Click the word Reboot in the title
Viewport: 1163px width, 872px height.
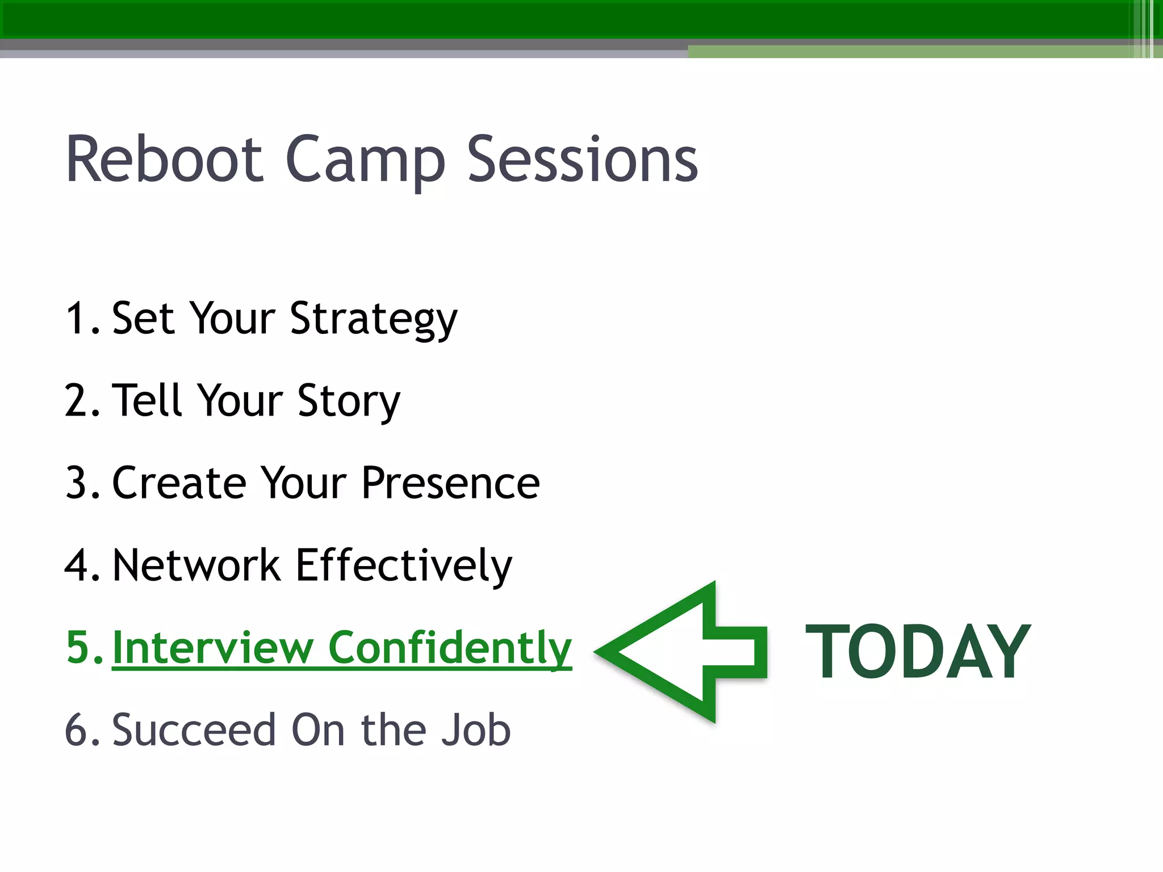coord(165,160)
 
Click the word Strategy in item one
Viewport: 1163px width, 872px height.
coord(373,319)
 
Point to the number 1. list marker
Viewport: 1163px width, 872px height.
coord(82,318)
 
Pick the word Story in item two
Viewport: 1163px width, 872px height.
coord(349,401)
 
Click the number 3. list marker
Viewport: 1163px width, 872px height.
coord(82,483)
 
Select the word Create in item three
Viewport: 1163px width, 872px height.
coord(179,483)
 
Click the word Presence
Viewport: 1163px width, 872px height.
coord(450,483)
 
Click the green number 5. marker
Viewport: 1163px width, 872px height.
coord(84,647)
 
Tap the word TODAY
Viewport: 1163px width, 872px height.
coord(918,651)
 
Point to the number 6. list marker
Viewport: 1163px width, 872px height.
coord(82,730)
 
